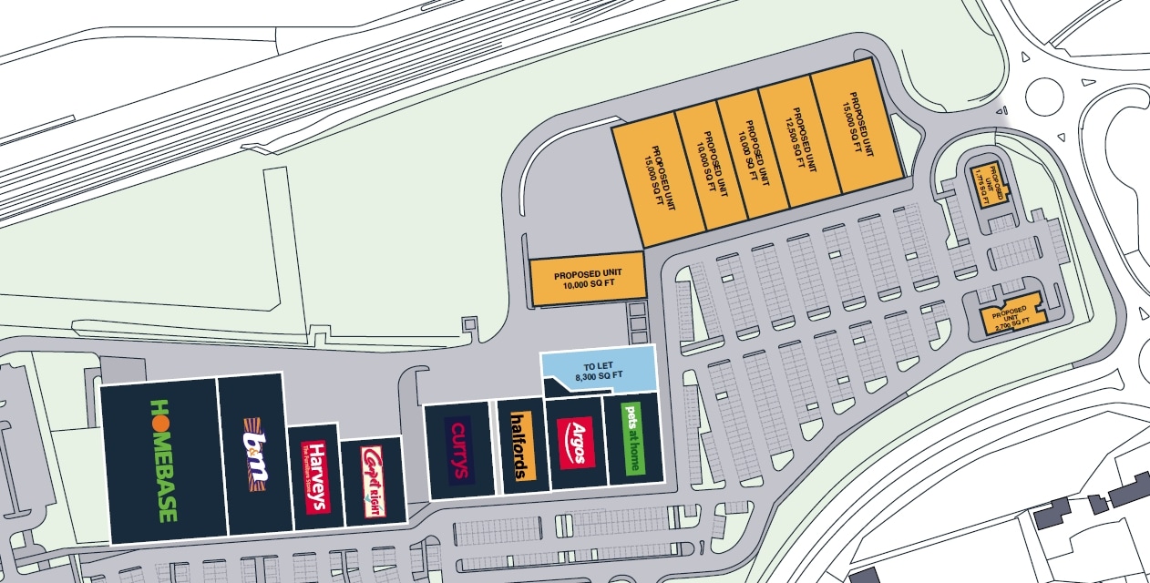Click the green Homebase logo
pyautogui.click(x=164, y=460)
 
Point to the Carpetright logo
pyautogui.click(x=371, y=482)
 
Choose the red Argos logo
pyautogui.click(x=576, y=442)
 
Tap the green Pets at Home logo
pyautogui.click(x=631, y=439)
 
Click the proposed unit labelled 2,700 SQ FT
pyautogui.click(x=1011, y=315)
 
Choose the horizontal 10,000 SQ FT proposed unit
pyautogui.click(x=587, y=280)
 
